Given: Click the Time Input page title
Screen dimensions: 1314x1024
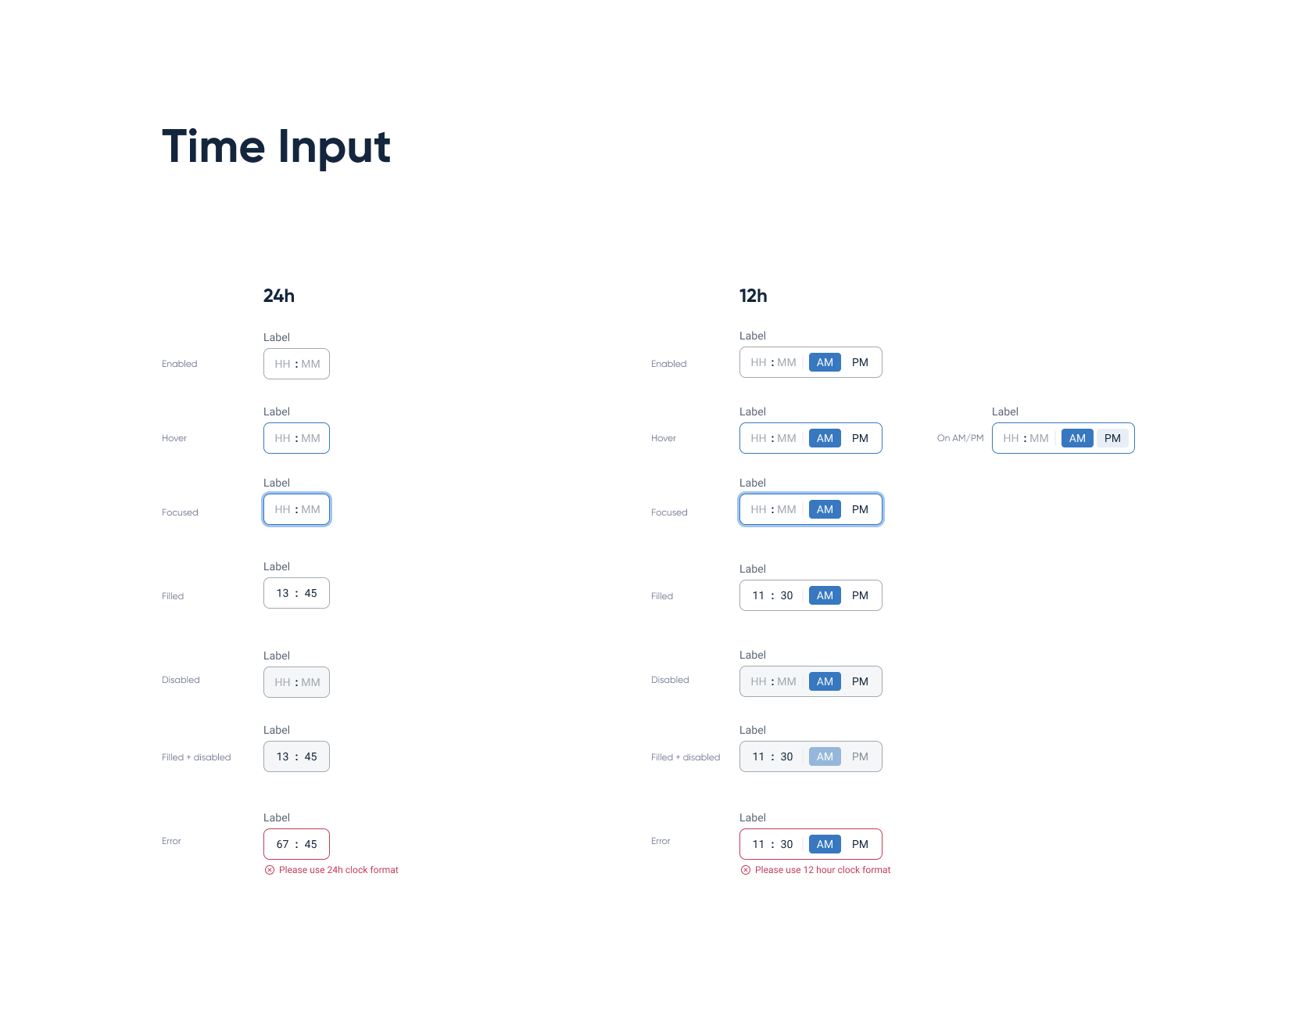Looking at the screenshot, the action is (x=276, y=147).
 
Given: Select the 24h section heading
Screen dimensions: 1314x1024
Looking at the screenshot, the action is (x=279, y=296).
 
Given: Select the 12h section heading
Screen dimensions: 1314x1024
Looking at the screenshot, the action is (x=754, y=296).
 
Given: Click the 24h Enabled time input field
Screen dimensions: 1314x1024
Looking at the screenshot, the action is (x=296, y=364).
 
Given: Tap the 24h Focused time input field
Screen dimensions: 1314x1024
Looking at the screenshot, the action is (x=296, y=509).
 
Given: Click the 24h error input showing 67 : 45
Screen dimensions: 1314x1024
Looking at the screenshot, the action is (x=296, y=844).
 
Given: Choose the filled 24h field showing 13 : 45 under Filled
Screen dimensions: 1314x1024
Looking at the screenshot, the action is (x=296, y=593).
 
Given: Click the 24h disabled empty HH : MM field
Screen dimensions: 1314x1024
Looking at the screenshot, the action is (x=296, y=682).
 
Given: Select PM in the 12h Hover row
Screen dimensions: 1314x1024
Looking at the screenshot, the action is (x=860, y=438).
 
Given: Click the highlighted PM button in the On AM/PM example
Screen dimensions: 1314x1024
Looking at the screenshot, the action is (x=1112, y=438).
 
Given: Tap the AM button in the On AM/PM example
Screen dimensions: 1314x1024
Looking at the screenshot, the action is (x=1077, y=438).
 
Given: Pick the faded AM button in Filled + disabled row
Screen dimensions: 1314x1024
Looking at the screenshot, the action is (x=825, y=756).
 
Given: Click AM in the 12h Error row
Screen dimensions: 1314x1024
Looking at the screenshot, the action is (x=825, y=844).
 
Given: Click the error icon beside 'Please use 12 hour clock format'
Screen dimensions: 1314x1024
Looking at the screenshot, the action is (x=746, y=870).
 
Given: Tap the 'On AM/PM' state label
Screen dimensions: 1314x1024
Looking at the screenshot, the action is (x=960, y=438).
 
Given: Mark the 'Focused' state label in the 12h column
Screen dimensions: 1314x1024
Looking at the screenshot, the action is (x=669, y=512).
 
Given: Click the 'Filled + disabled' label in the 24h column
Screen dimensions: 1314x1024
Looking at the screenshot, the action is (x=196, y=757).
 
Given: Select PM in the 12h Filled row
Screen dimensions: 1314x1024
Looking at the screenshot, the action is (x=860, y=595).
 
